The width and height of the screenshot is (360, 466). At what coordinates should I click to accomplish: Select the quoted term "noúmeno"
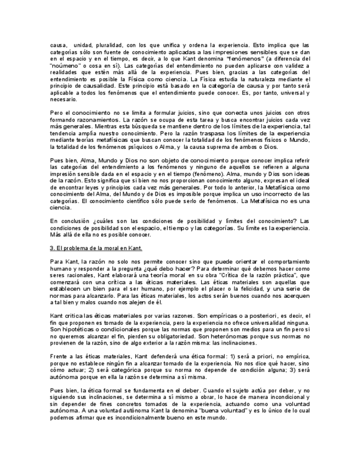[x=63, y=65]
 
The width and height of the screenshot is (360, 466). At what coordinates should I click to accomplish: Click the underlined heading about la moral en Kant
[x=96, y=248]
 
